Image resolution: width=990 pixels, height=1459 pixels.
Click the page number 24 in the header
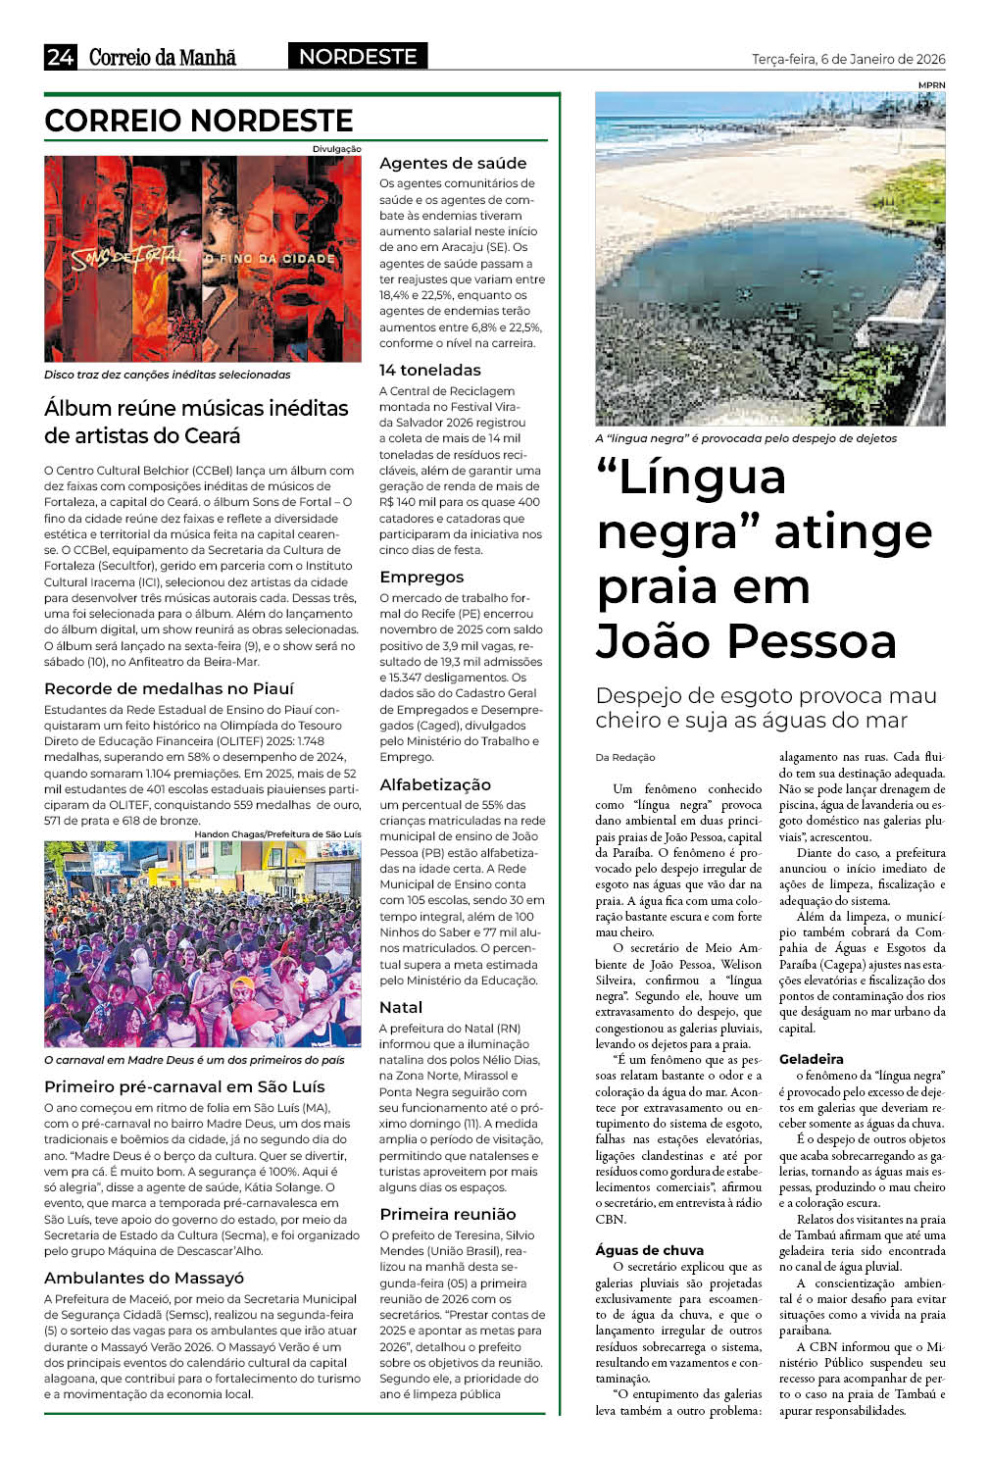click(60, 57)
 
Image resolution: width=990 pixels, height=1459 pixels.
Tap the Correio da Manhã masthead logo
click(163, 57)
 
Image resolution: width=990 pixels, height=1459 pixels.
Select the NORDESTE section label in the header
click(358, 57)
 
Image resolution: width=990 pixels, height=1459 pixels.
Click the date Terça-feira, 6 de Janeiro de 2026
click(848, 59)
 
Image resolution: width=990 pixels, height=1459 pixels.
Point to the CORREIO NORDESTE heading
click(199, 121)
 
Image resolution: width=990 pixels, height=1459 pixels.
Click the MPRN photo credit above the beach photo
click(931, 85)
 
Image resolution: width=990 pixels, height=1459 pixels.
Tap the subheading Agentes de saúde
click(453, 163)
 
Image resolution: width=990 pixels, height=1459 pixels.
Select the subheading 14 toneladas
click(430, 370)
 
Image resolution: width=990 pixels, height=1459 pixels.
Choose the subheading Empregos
click(421, 577)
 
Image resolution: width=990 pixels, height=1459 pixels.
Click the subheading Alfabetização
click(435, 784)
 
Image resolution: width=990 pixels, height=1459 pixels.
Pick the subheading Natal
click(401, 1007)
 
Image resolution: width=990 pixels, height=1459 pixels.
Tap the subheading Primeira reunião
click(448, 1214)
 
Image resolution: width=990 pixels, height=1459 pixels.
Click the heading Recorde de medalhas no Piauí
click(169, 688)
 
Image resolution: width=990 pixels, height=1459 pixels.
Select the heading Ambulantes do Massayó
click(144, 1278)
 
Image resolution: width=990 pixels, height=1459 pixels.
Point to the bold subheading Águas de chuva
click(649, 1250)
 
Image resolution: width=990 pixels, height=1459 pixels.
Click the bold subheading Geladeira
click(812, 1059)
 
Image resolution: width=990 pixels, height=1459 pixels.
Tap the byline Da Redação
click(625, 757)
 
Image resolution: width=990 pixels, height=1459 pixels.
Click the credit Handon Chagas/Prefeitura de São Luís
click(277, 833)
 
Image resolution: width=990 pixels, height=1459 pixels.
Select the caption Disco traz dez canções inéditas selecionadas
click(167, 375)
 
